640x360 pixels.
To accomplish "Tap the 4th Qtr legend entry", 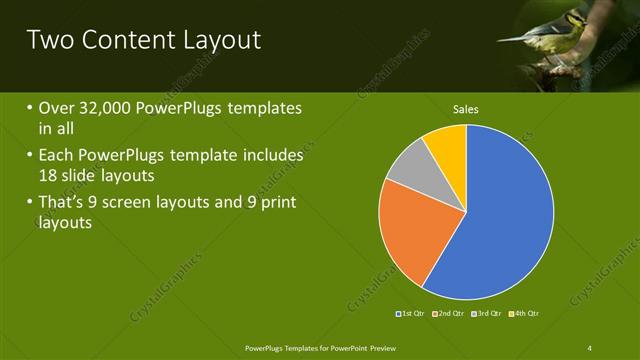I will pos(526,314).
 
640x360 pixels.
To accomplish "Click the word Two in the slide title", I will pos(49,40).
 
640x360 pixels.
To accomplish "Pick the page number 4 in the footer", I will pos(590,347).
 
